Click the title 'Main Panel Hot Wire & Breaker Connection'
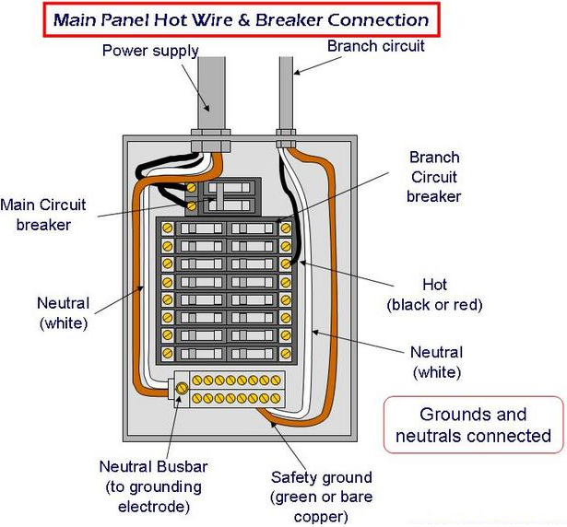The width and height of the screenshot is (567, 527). (x=242, y=20)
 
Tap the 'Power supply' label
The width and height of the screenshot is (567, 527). (x=150, y=51)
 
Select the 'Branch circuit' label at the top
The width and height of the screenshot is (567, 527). (x=376, y=46)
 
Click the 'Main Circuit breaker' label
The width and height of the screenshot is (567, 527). (x=43, y=215)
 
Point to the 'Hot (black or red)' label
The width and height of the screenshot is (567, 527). (x=434, y=295)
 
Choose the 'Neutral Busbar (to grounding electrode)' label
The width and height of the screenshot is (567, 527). (x=154, y=486)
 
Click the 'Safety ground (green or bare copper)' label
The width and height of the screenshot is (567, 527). (x=322, y=497)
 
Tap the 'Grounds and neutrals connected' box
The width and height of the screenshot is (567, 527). (x=473, y=425)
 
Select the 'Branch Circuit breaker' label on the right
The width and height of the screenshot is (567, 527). (x=434, y=177)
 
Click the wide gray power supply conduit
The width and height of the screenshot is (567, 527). (x=211, y=92)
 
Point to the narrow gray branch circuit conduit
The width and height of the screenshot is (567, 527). (x=286, y=92)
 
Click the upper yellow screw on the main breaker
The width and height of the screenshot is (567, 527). (x=191, y=188)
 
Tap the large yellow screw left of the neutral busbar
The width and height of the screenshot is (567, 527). (x=182, y=388)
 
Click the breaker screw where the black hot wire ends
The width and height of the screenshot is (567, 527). (x=286, y=263)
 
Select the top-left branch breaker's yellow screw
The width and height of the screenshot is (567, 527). (x=167, y=228)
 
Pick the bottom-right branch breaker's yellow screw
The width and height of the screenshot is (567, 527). (x=286, y=353)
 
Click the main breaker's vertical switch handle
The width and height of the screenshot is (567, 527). (x=219, y=198)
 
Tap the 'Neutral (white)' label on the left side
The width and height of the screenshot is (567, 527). (x=64, y=313)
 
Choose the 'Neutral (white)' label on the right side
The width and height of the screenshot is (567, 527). (x=437, y=362)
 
